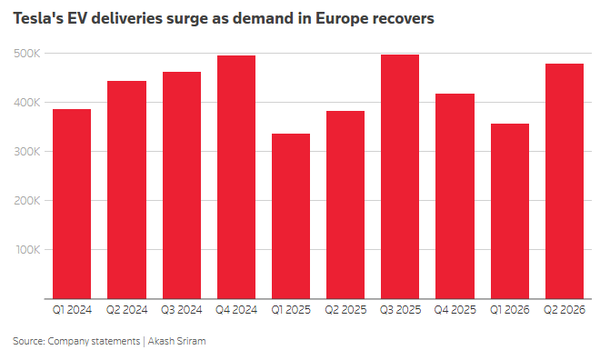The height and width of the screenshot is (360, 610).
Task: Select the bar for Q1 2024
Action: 72,204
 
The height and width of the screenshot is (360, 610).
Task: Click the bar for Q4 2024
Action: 236,177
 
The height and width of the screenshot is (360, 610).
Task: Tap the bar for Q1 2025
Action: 291,216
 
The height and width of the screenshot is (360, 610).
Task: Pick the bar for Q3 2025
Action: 400,176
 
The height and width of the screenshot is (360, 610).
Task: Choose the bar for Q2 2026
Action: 565,181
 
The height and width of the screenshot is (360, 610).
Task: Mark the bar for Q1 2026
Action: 510,211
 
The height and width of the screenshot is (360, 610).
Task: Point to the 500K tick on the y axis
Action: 27,54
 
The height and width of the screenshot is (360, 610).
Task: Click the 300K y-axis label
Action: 27,152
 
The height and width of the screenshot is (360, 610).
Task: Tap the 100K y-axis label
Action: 27,249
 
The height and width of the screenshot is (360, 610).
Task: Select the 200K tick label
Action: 27,200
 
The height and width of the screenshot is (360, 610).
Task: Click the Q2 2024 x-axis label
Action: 127,310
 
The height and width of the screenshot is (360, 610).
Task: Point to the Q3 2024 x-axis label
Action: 182,310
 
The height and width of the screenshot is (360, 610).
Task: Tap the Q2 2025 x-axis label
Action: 345,310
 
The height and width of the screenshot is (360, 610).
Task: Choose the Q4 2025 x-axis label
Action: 455,310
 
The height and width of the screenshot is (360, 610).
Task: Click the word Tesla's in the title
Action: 38,18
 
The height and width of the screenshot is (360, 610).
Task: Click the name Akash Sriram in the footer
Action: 176,341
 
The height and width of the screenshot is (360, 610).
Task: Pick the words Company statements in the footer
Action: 94,341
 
